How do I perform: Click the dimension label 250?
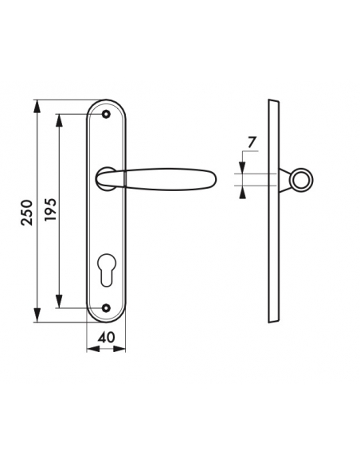coord(26,212)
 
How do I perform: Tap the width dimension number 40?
coord(105,337)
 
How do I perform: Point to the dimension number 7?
coord(251,143)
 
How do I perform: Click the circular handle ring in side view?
coord(300,181)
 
